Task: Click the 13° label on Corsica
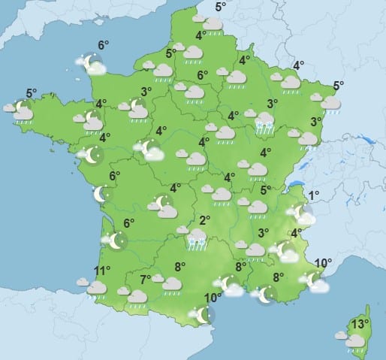(x=360, y=324)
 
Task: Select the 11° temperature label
(x=101, y=271)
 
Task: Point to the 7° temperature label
(x=145, y=280)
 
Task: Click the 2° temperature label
(x=204, y=220)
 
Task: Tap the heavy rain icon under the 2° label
(x=197, y=239)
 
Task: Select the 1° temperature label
(x=314, y=195)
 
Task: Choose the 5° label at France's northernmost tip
(x=221, y=8)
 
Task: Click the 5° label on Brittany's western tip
(x=31, y=94)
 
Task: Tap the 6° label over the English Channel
(x=102, y=45)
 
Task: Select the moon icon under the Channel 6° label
(x=92, y=64)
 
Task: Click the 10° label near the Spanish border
(x=212, y=298)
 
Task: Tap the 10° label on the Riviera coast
(x=322, y=263)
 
